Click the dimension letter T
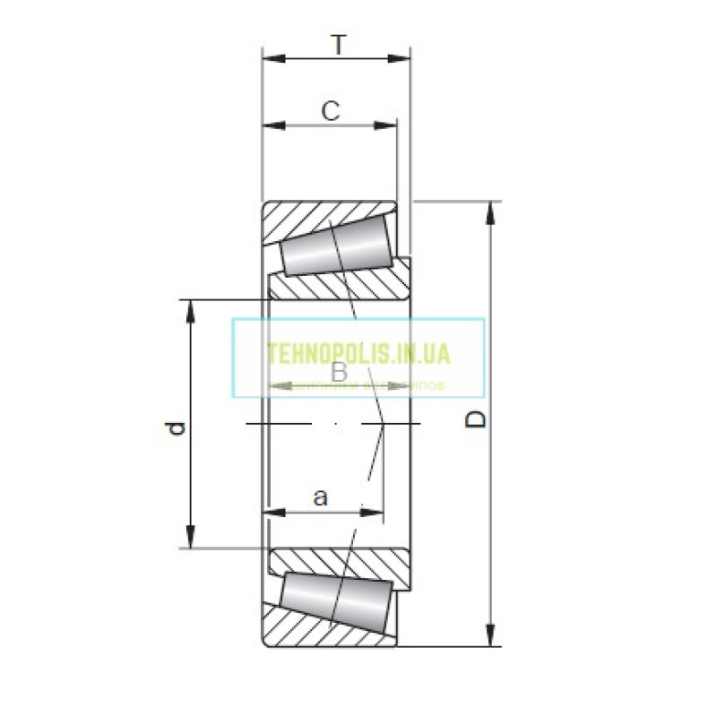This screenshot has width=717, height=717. pyautogui.click(x=337, y=45)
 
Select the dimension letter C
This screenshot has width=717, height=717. pyautogui.click(x=331, y=111)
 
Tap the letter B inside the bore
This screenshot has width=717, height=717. pyautogui.click(x=339, y=372)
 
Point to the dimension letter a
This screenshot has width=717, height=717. pyautogui.click(x=321, y=497)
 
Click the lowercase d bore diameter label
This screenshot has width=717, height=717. pyautogui.click(x=177, y=428)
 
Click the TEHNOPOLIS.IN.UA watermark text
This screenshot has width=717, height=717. pyautogui.click(x=358, y=354)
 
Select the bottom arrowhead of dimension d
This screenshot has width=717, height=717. pyautogui.click(x=190, y=537)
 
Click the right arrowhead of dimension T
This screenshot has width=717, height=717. pyautogui.click(x=402, y=59)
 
